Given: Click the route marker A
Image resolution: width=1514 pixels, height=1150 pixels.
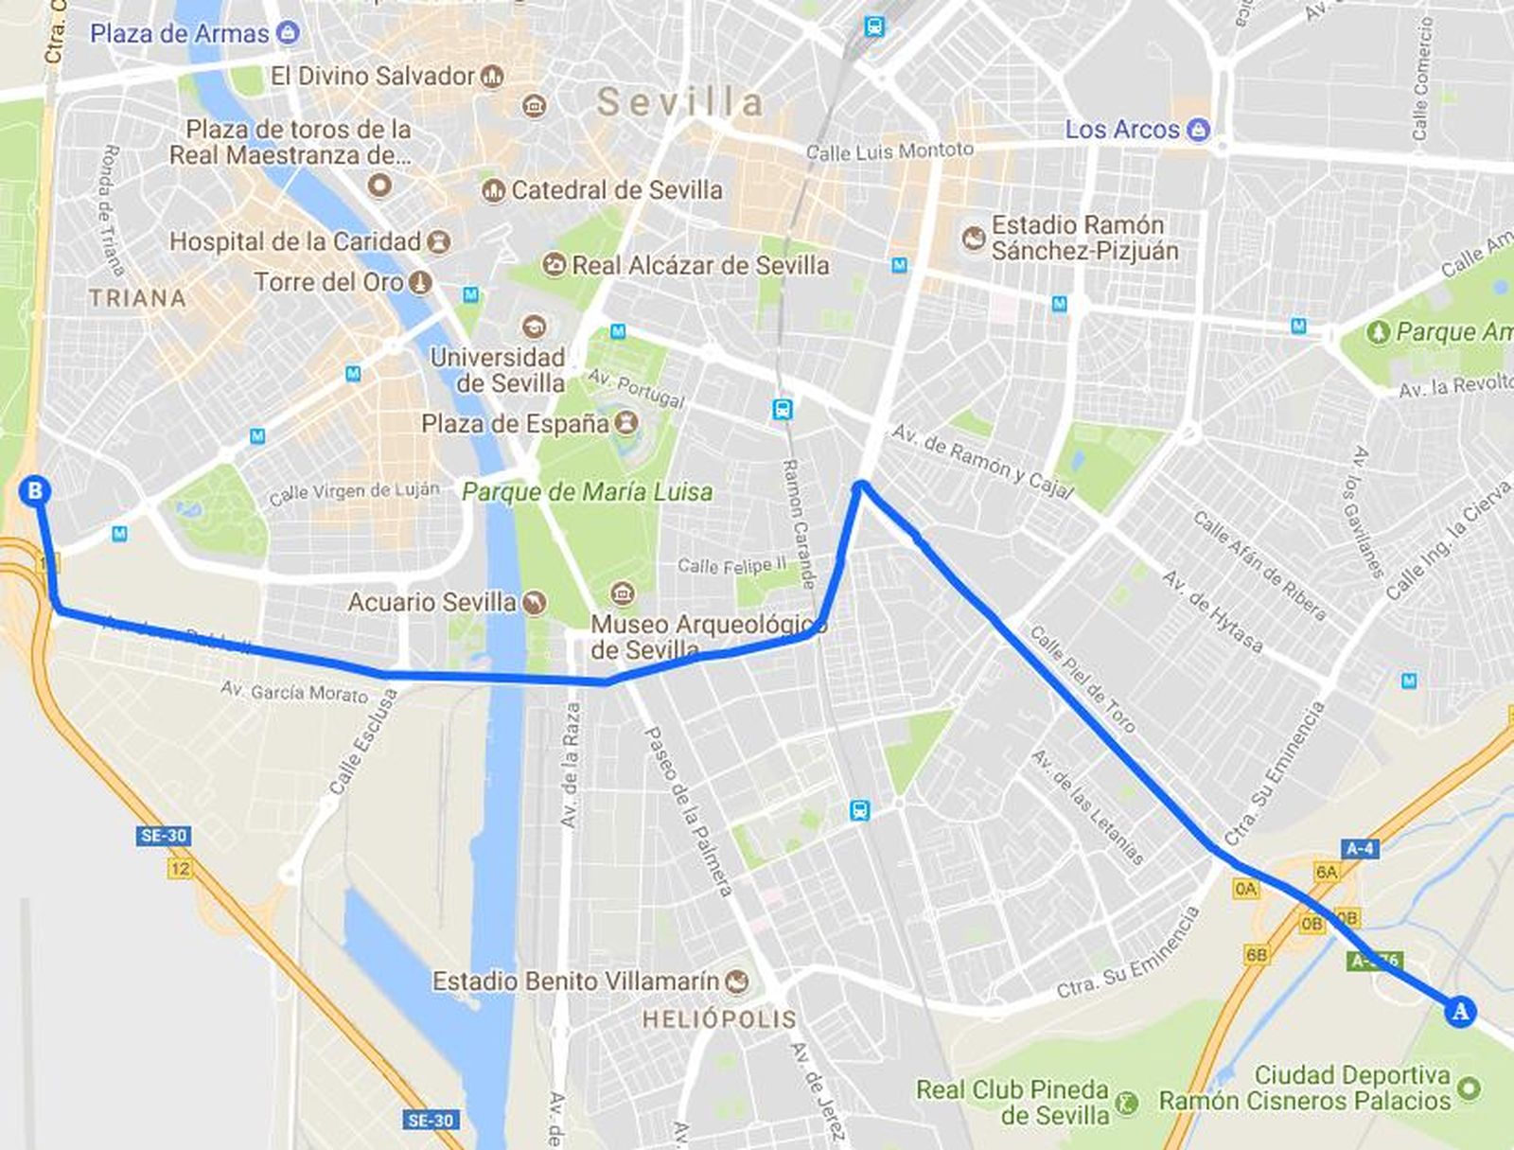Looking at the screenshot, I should coord(1461,1012).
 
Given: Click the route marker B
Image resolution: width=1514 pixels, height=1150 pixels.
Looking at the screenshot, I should coord(35,490).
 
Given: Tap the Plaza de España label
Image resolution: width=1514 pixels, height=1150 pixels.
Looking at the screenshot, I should coord(516,423).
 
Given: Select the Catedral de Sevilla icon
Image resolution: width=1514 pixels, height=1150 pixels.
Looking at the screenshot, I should coord(492,190).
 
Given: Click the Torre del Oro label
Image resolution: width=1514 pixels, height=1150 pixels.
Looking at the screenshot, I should coord(328,282).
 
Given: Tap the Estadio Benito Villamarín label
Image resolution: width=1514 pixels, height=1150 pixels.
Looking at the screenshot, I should coord(575,982).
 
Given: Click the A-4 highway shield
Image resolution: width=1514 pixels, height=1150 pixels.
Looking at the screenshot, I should coord(1359,848).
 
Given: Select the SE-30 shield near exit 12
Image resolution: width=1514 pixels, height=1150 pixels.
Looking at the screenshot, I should coord(163,836).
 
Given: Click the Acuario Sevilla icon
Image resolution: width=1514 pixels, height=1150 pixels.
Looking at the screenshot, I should coord(535,603).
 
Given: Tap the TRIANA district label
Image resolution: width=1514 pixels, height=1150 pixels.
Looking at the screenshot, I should coord(137,298).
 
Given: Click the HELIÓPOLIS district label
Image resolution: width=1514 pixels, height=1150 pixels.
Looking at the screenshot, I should coord(719,1019).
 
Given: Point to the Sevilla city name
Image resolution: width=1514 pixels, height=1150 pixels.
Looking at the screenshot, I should coord(679,102).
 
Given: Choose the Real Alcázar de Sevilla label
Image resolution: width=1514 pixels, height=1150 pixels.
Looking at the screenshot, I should coord(700,265).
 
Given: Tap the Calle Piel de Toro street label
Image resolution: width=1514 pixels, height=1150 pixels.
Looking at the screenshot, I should coord(1082,679).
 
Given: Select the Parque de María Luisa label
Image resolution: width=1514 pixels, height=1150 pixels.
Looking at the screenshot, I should coord(587,492).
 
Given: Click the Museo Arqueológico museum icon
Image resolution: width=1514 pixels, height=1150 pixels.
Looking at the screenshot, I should coord(623,594).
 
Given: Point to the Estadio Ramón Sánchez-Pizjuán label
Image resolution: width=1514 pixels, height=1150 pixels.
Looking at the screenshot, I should coord(1084,238).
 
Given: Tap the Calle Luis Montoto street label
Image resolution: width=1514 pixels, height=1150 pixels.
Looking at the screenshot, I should coord(889,150).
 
